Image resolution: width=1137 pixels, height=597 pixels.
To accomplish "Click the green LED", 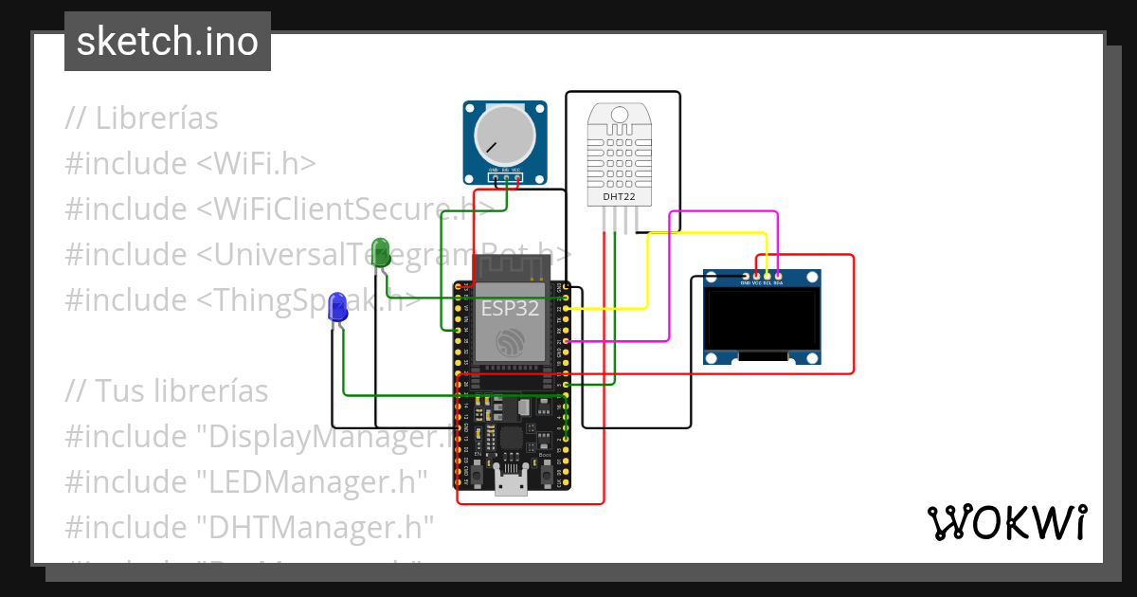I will [380, 251].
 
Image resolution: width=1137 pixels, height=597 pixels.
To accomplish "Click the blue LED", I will [336, 307].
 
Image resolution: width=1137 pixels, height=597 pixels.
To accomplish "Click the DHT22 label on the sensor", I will [619, 197].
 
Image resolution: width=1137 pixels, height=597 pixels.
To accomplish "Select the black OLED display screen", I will [762, 319].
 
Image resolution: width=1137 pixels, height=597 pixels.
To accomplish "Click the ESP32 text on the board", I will [511, 308].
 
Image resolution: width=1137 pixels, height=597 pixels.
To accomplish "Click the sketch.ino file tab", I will [168, 42].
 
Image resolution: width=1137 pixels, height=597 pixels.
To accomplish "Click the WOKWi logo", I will [1006, 522].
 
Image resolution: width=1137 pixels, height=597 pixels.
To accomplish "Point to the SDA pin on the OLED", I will [778, 276].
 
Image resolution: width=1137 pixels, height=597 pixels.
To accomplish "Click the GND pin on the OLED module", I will [745, 276].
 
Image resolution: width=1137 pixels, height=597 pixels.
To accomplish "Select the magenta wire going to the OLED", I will [671, 284].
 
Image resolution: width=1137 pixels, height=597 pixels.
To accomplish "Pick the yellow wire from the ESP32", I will [647, 275].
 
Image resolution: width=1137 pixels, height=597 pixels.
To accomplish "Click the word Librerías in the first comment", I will [156, 118].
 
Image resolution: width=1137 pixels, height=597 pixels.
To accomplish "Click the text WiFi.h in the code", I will [257, 163].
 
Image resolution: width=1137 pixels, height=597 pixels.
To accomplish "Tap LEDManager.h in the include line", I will [313, 481].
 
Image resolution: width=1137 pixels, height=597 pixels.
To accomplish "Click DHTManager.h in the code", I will [316, 527].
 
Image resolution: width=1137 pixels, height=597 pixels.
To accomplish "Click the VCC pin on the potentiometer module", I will [516, 177].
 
